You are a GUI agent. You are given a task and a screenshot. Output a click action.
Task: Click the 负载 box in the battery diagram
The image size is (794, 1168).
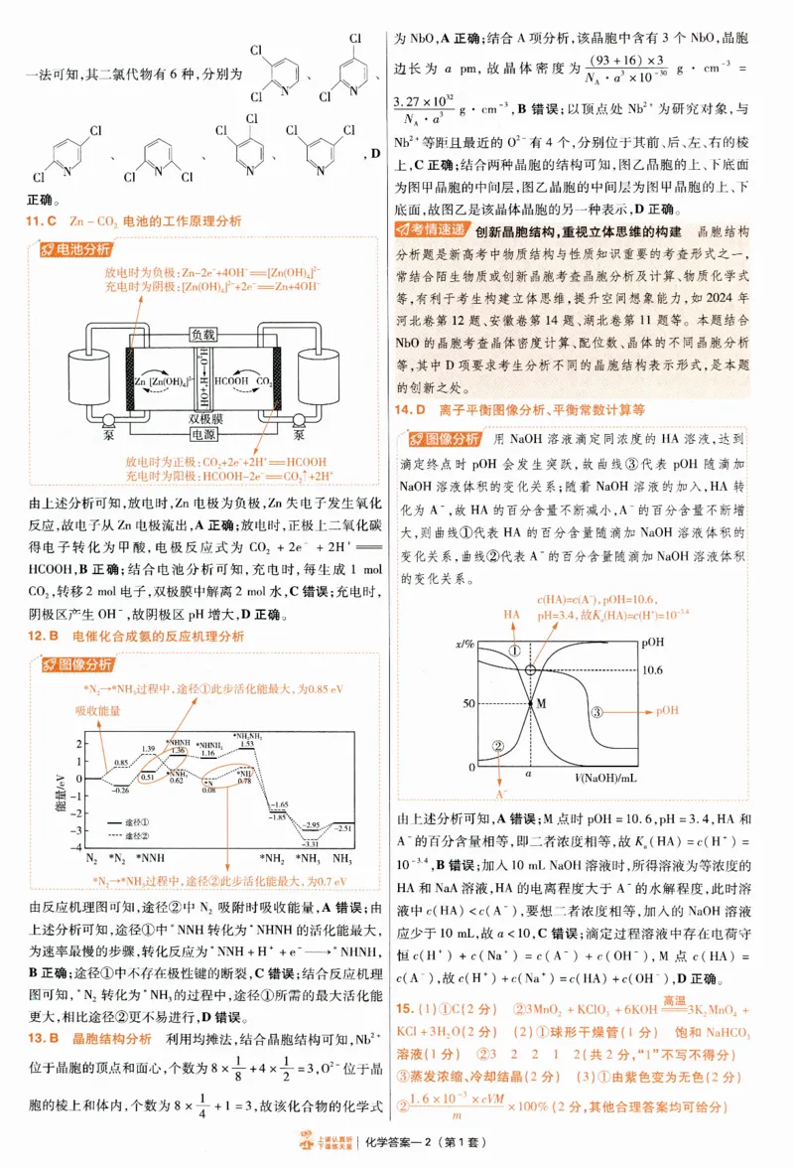point(202,335)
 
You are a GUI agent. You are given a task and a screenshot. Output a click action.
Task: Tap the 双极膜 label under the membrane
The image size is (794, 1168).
point(202,419)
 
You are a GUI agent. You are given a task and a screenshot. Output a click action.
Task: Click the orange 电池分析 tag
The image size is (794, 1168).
point(74,249)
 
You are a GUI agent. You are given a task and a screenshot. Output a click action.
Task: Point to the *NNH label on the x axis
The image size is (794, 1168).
point(151,857)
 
